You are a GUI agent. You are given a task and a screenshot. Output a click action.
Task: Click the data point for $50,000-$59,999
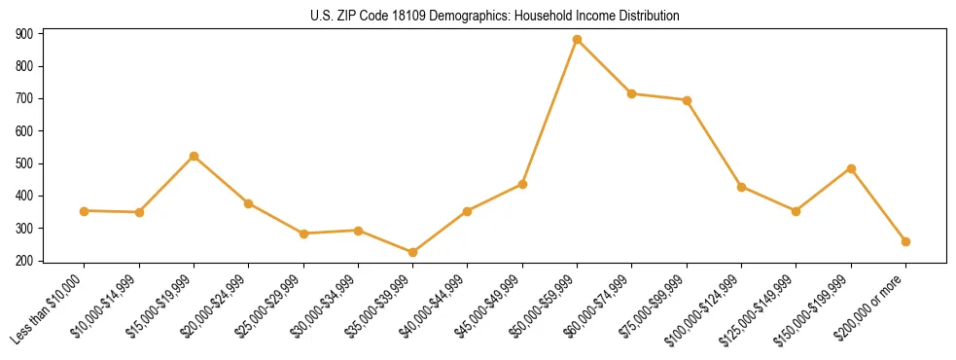578,40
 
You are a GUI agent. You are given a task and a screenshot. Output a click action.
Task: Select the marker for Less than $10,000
85,211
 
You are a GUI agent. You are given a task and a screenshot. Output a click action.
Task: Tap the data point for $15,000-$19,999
195,157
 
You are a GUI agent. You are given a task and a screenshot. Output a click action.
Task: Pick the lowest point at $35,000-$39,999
413,253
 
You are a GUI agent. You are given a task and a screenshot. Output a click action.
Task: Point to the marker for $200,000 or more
905,241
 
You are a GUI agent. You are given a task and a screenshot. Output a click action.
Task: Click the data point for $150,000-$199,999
851,168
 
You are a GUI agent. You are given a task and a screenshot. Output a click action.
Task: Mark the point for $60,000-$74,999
632,94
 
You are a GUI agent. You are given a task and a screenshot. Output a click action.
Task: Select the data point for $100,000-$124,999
742,187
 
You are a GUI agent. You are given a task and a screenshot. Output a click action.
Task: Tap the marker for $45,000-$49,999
523,184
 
